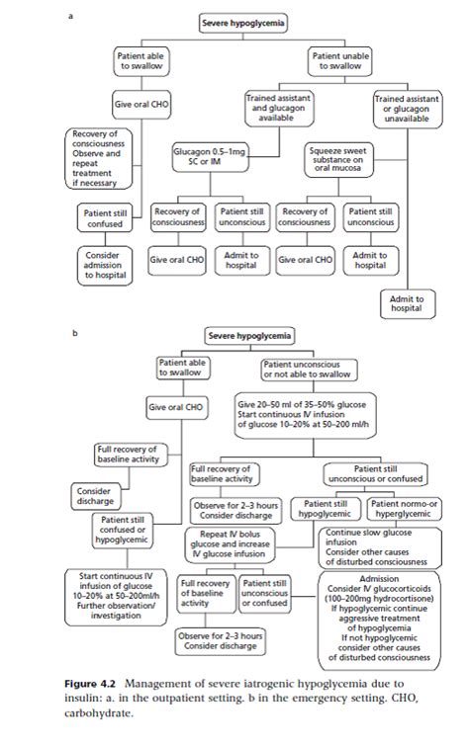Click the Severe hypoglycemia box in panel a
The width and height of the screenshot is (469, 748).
click(237, 23)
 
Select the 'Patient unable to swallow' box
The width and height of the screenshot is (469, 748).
click(341, 61)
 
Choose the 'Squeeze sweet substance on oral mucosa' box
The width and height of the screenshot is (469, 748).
click(339, 159)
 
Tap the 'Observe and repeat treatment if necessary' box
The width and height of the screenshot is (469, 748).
click(102, 159)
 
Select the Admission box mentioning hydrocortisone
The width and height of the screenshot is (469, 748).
click(375, 618)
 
